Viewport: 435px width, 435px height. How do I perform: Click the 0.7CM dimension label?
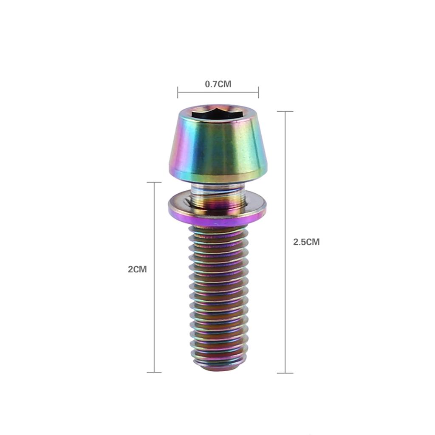(218, 84)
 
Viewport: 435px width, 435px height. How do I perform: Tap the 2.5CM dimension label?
(306, 242)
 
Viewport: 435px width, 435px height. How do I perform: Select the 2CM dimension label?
(137, 269)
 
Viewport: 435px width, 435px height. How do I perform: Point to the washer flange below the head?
(217, 208)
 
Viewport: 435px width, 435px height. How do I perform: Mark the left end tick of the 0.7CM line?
(178, 92)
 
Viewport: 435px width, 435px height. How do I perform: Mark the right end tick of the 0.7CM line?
(258, 92)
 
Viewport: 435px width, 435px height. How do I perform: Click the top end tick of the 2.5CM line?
(285, 111)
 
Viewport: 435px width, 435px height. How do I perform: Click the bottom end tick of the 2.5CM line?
(285, 373)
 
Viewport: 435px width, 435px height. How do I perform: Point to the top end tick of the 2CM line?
(154, 182)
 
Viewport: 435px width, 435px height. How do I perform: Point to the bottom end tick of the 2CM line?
(154, 372)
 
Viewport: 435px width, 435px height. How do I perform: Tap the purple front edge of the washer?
(217, 220)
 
